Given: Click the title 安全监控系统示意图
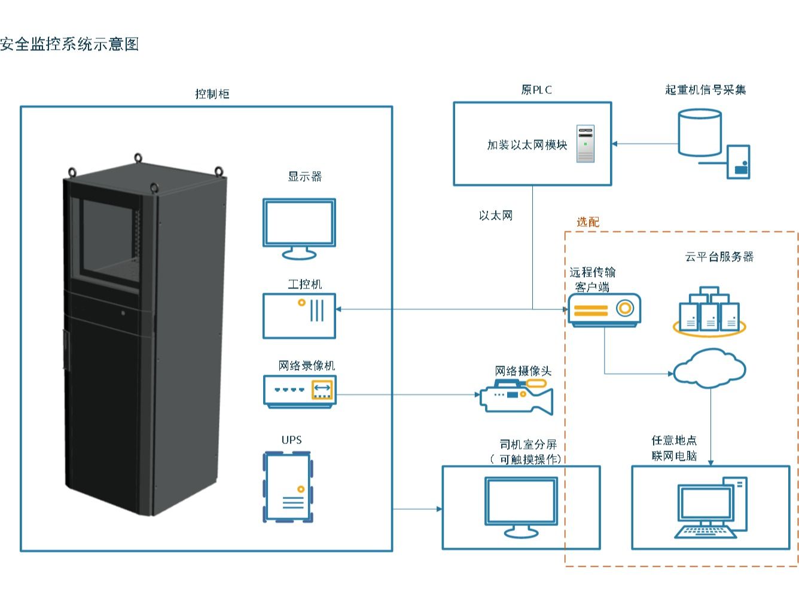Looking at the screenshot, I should (x=69, y=44).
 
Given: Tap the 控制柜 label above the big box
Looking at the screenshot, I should (x=212, y=94).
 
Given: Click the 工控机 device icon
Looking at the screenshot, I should (x=299, y=316).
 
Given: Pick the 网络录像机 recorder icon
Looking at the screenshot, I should (x=300, y=391).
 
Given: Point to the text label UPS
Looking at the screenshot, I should (x=292, y=440).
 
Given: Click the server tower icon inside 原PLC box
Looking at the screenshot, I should (x=585, y=144).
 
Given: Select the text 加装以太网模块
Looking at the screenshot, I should (x=526, y=145).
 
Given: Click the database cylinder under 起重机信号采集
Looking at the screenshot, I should (x=700, y=132).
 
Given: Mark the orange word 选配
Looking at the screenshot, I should (x=587, y=222).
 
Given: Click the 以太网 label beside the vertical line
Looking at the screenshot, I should (x=496, y=215).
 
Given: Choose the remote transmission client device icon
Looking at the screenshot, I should (x=604, y=310).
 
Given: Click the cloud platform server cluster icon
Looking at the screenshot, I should (x=709, y=310).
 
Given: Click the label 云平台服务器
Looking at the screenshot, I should (x=719, y=257).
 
